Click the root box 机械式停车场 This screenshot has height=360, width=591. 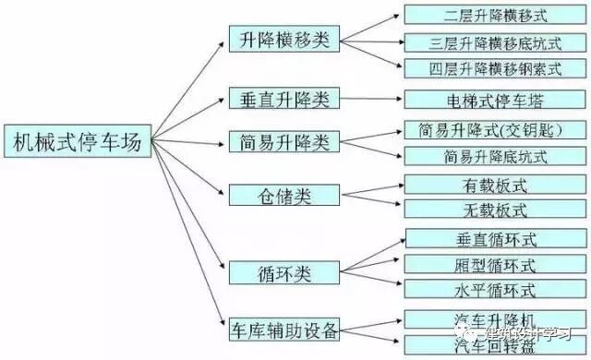pyautogui.click(x=76, y=141)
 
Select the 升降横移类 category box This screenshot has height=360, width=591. pyautogui.click(x=283, y=40)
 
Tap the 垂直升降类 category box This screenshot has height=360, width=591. pyautogui.click(x=283, y=98)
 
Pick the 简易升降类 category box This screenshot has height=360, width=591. pyautogui.click(x=283, y=142)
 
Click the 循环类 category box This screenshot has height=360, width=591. pyautogui.click(x=283, y=272)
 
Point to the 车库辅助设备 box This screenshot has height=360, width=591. pyautogui.click(x=283, y=329)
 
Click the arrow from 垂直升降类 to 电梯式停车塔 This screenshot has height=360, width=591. pyautogui.click(x=371, y=98)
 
